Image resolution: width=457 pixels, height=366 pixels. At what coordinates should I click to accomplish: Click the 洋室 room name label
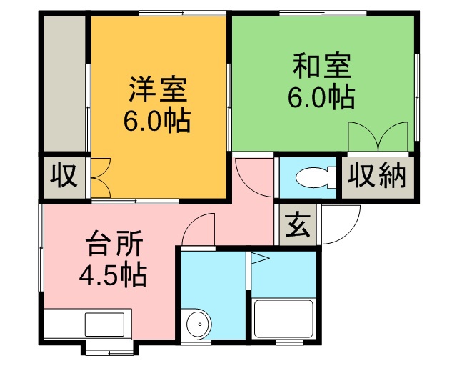tap(158, 89)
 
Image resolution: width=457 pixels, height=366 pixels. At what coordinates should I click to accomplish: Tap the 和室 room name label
tap(322, 66)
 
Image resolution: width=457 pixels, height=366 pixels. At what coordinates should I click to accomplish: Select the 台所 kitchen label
tap(114, 243)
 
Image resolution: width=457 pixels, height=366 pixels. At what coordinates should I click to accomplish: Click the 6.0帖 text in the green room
tap(321, 97)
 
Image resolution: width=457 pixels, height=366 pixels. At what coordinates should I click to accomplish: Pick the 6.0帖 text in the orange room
tap(157, 120)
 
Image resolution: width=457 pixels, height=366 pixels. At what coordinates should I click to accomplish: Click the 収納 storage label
tap(377, 176)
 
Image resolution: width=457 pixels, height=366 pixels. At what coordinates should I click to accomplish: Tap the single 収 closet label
tap(64, 176)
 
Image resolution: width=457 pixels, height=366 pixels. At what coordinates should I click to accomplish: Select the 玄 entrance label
tap(297, 225)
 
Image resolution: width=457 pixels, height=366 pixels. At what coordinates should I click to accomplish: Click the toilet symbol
tap(316, 177)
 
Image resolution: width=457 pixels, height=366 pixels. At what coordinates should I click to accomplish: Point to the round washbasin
tap(199, 324)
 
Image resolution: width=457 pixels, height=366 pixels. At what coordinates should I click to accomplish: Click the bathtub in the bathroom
tap(284, 319)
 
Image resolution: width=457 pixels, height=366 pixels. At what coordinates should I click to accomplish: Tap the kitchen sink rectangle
tap(104, 325)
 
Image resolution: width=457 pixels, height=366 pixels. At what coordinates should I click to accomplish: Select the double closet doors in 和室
tap(378, 137)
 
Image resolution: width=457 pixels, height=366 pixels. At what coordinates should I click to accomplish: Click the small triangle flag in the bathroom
tap(260, 258)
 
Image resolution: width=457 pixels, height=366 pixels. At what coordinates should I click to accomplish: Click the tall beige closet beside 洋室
tap(64, 84)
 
